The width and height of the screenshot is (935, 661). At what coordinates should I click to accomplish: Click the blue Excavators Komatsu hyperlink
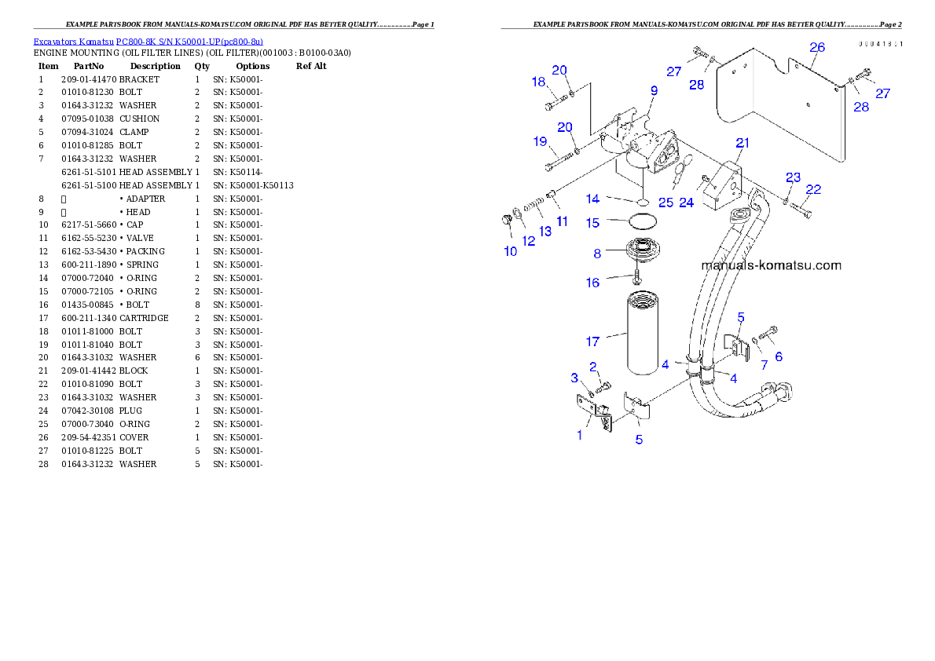[148, 41]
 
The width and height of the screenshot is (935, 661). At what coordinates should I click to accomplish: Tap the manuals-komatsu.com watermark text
[771, 265]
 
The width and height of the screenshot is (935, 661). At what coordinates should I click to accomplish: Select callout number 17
[592, 341]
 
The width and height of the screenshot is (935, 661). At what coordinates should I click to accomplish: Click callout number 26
[817, 47]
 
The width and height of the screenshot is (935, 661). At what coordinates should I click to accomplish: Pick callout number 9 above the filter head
[654, 91]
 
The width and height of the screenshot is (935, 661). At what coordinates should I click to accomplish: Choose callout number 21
[742, 142]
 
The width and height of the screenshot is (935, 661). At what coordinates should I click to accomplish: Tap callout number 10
[511, 251]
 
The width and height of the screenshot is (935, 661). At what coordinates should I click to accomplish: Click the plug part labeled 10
[507, 222]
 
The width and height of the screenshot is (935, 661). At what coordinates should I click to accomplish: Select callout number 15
[592, 223]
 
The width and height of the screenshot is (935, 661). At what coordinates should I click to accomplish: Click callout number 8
[597, 254]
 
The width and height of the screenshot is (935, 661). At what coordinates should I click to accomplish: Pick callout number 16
[592, 283]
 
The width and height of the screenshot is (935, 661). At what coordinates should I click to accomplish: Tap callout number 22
[813, 189]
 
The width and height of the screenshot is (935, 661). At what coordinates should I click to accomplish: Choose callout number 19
[540, 142]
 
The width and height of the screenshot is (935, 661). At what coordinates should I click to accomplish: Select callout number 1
[580, 435]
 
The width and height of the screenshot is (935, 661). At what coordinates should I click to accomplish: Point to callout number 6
[779, 356]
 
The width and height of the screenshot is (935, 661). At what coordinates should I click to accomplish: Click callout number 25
[666, 203]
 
